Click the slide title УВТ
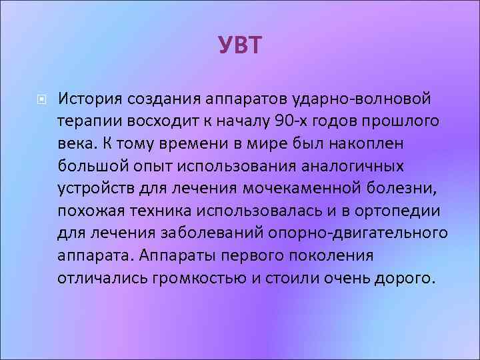240,46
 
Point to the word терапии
87,122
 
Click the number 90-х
286,122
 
